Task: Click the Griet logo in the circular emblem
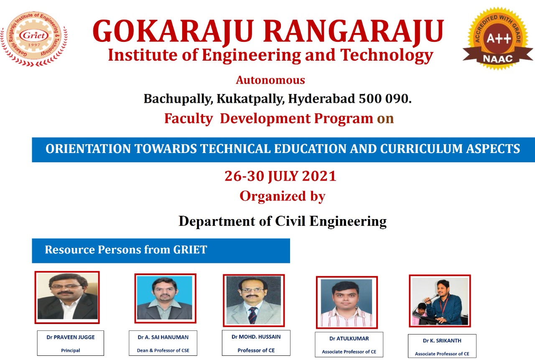(x=34, y=36)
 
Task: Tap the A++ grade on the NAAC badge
(x=499, y=38)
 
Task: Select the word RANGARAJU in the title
(x=354, y=31)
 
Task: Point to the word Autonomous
(x=270, y=80)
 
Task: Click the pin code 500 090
(x=385, y=98)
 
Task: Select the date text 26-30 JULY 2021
(x=280, y=176)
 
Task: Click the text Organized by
(x=283, y=197)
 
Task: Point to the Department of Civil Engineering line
(x=283, y=221)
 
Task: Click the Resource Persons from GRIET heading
(x=126, y=250)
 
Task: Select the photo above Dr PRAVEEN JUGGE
(x=67, y=297)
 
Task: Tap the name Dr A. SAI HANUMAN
(x=163, y=337)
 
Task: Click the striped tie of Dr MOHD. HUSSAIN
(x=253, y=315)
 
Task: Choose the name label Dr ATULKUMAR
(x=349, y=339)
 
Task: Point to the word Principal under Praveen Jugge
(x=71, y=350)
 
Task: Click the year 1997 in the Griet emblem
(x=34, y=45)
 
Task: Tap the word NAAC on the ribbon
(x=498, y=59)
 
